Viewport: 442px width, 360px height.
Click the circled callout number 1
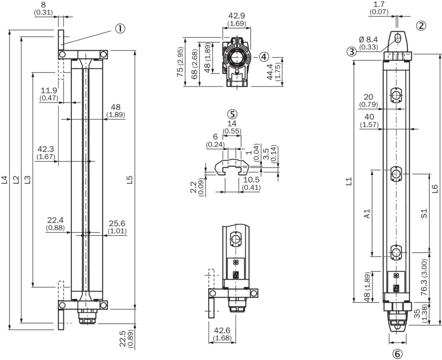click(x=120, y=29)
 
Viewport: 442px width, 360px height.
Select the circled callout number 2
click(x=421, y=25)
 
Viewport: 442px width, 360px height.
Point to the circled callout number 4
click(x=264, y=56)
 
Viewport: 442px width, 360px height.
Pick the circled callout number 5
click(x=232, y=114)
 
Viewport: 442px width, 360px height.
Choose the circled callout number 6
click(x=397, y=353)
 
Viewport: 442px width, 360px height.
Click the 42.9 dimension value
click(x=236, y=16)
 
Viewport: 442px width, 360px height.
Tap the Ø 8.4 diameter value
click(x=369, y=40)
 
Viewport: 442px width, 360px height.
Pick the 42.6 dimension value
click(x=222, y=330)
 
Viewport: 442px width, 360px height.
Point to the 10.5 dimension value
click(x=251, y=180)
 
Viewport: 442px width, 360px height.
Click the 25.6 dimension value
click(x=117, y=223)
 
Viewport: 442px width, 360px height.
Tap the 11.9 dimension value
click(x=49, y=91)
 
